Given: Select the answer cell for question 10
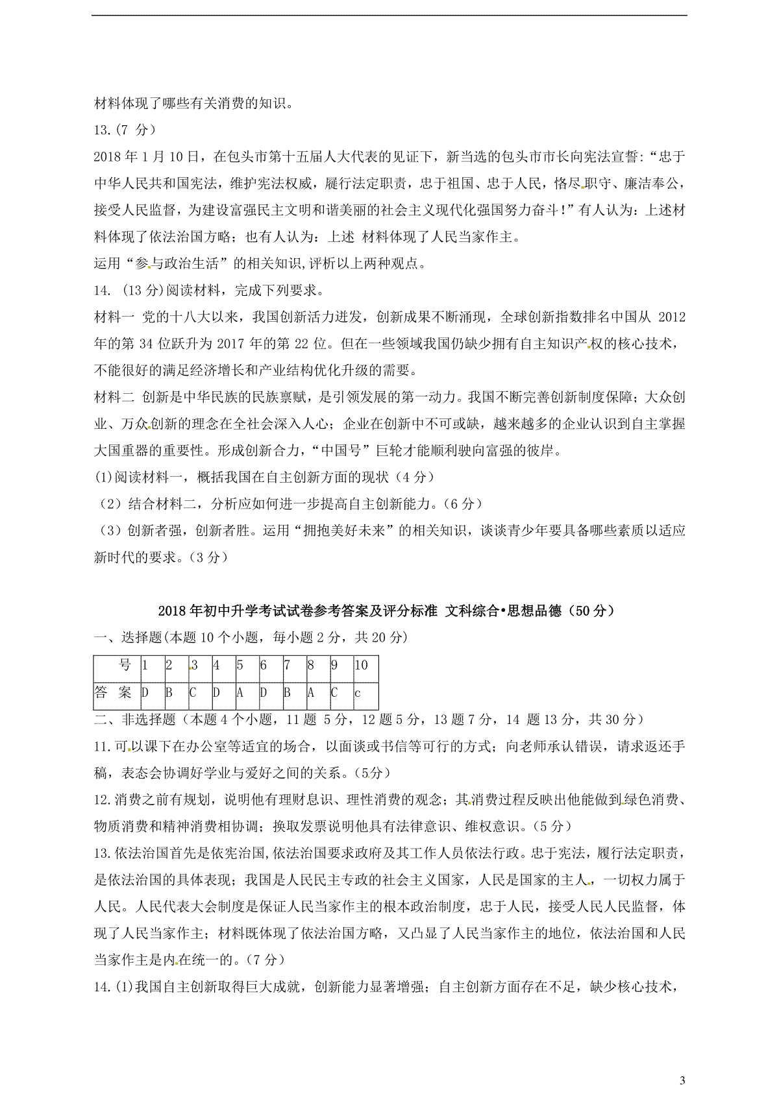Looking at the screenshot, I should tap(365, 693).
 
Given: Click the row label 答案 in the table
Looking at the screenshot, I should tap(114, 693).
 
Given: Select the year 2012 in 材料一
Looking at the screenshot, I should tap(672, 317).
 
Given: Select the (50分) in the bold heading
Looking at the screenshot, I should tap(591, 611).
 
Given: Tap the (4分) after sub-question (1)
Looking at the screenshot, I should tap(414, 477).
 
